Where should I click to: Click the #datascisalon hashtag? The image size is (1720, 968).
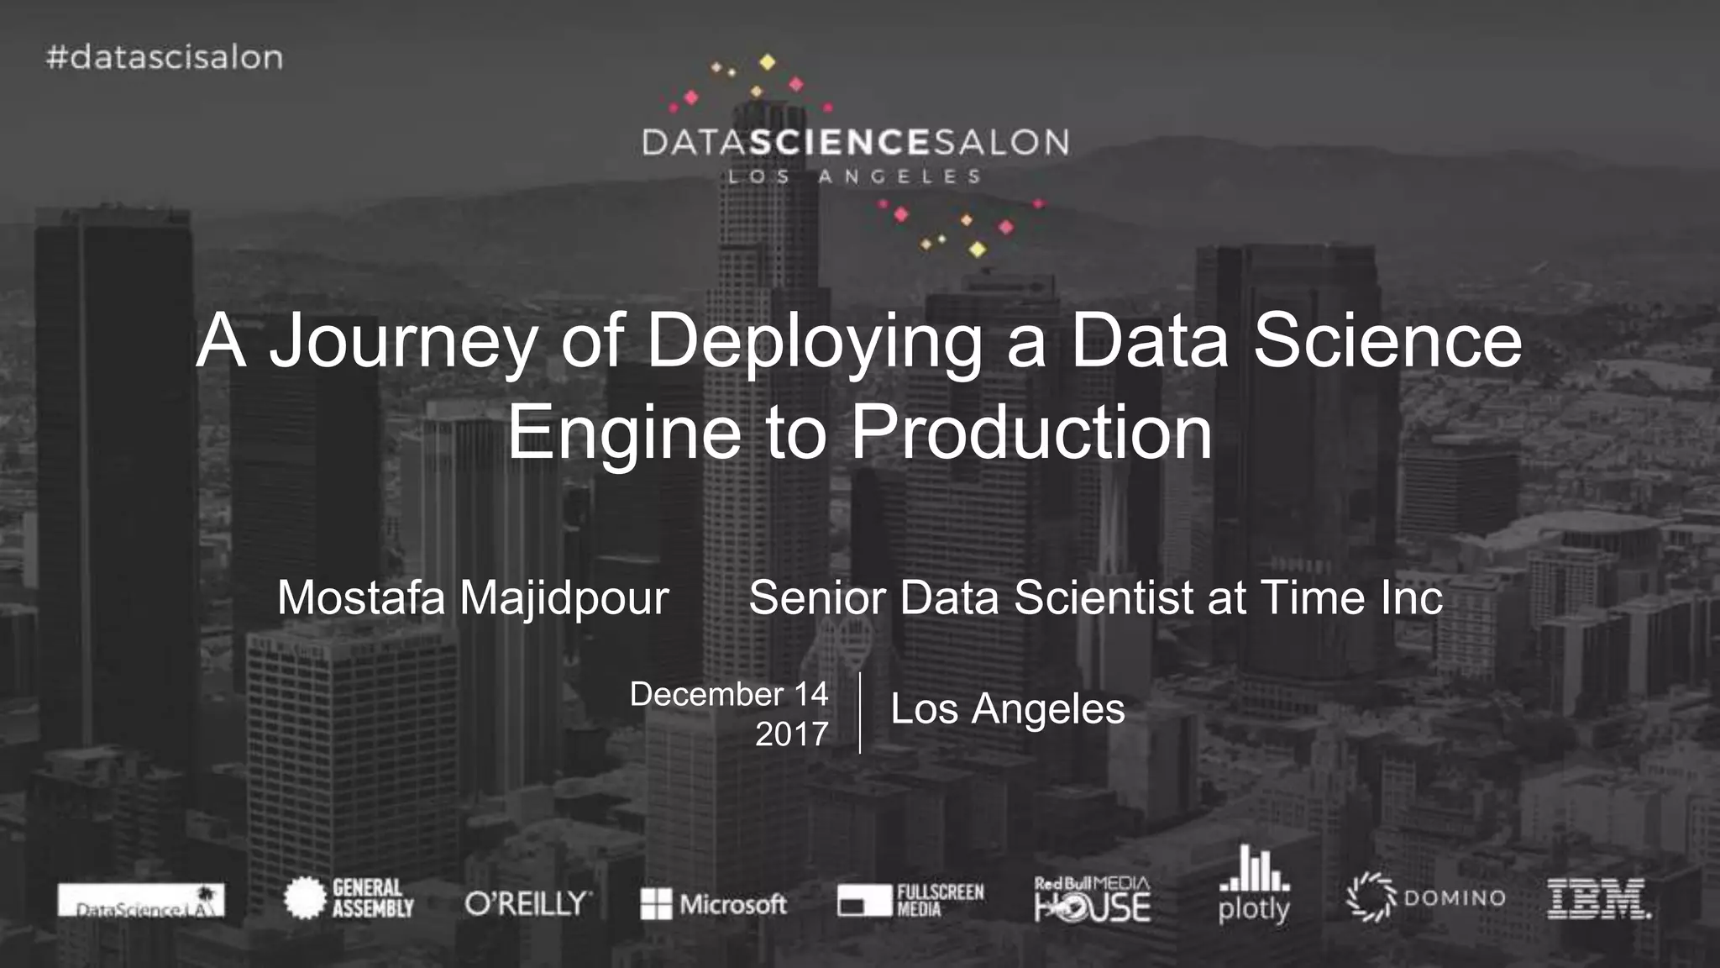pos(165,58)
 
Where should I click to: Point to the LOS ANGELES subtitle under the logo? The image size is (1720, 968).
pos(854,177)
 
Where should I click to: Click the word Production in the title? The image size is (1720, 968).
pos(1032,432)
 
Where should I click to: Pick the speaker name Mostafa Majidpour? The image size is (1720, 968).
pos(473,597)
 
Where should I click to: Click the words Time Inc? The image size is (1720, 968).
pos(1351,597)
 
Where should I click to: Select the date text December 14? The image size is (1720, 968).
pos(729,694)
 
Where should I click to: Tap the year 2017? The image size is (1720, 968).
pos(791,734)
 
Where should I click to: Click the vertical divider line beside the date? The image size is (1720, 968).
pos(860,713)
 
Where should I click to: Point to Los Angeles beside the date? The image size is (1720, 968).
pos(1007,709)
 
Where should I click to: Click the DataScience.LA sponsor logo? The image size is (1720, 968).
pos(141,901)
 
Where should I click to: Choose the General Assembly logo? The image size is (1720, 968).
pos(349,898)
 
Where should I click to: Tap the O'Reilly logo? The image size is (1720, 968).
pos(528,903)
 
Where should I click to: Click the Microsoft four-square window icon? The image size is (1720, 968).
pos(656,904)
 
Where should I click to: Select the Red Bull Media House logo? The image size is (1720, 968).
pos(1092,900)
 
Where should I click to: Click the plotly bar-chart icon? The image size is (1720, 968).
pos(1255,869)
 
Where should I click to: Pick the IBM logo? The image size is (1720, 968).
pos(1598,899)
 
